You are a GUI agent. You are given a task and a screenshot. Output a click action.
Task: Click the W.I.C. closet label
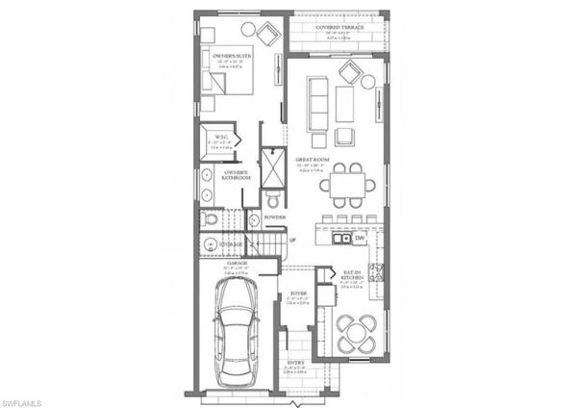click(x=219, y=137)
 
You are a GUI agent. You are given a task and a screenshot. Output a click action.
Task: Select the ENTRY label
click(x=298, y=362)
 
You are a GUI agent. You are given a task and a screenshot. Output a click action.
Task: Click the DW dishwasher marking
click(x=359, y=238)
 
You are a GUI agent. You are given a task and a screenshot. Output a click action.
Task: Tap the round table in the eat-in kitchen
click(x=358, y=336)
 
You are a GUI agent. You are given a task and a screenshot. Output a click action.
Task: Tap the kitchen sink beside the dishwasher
click(x=339, y=238)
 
